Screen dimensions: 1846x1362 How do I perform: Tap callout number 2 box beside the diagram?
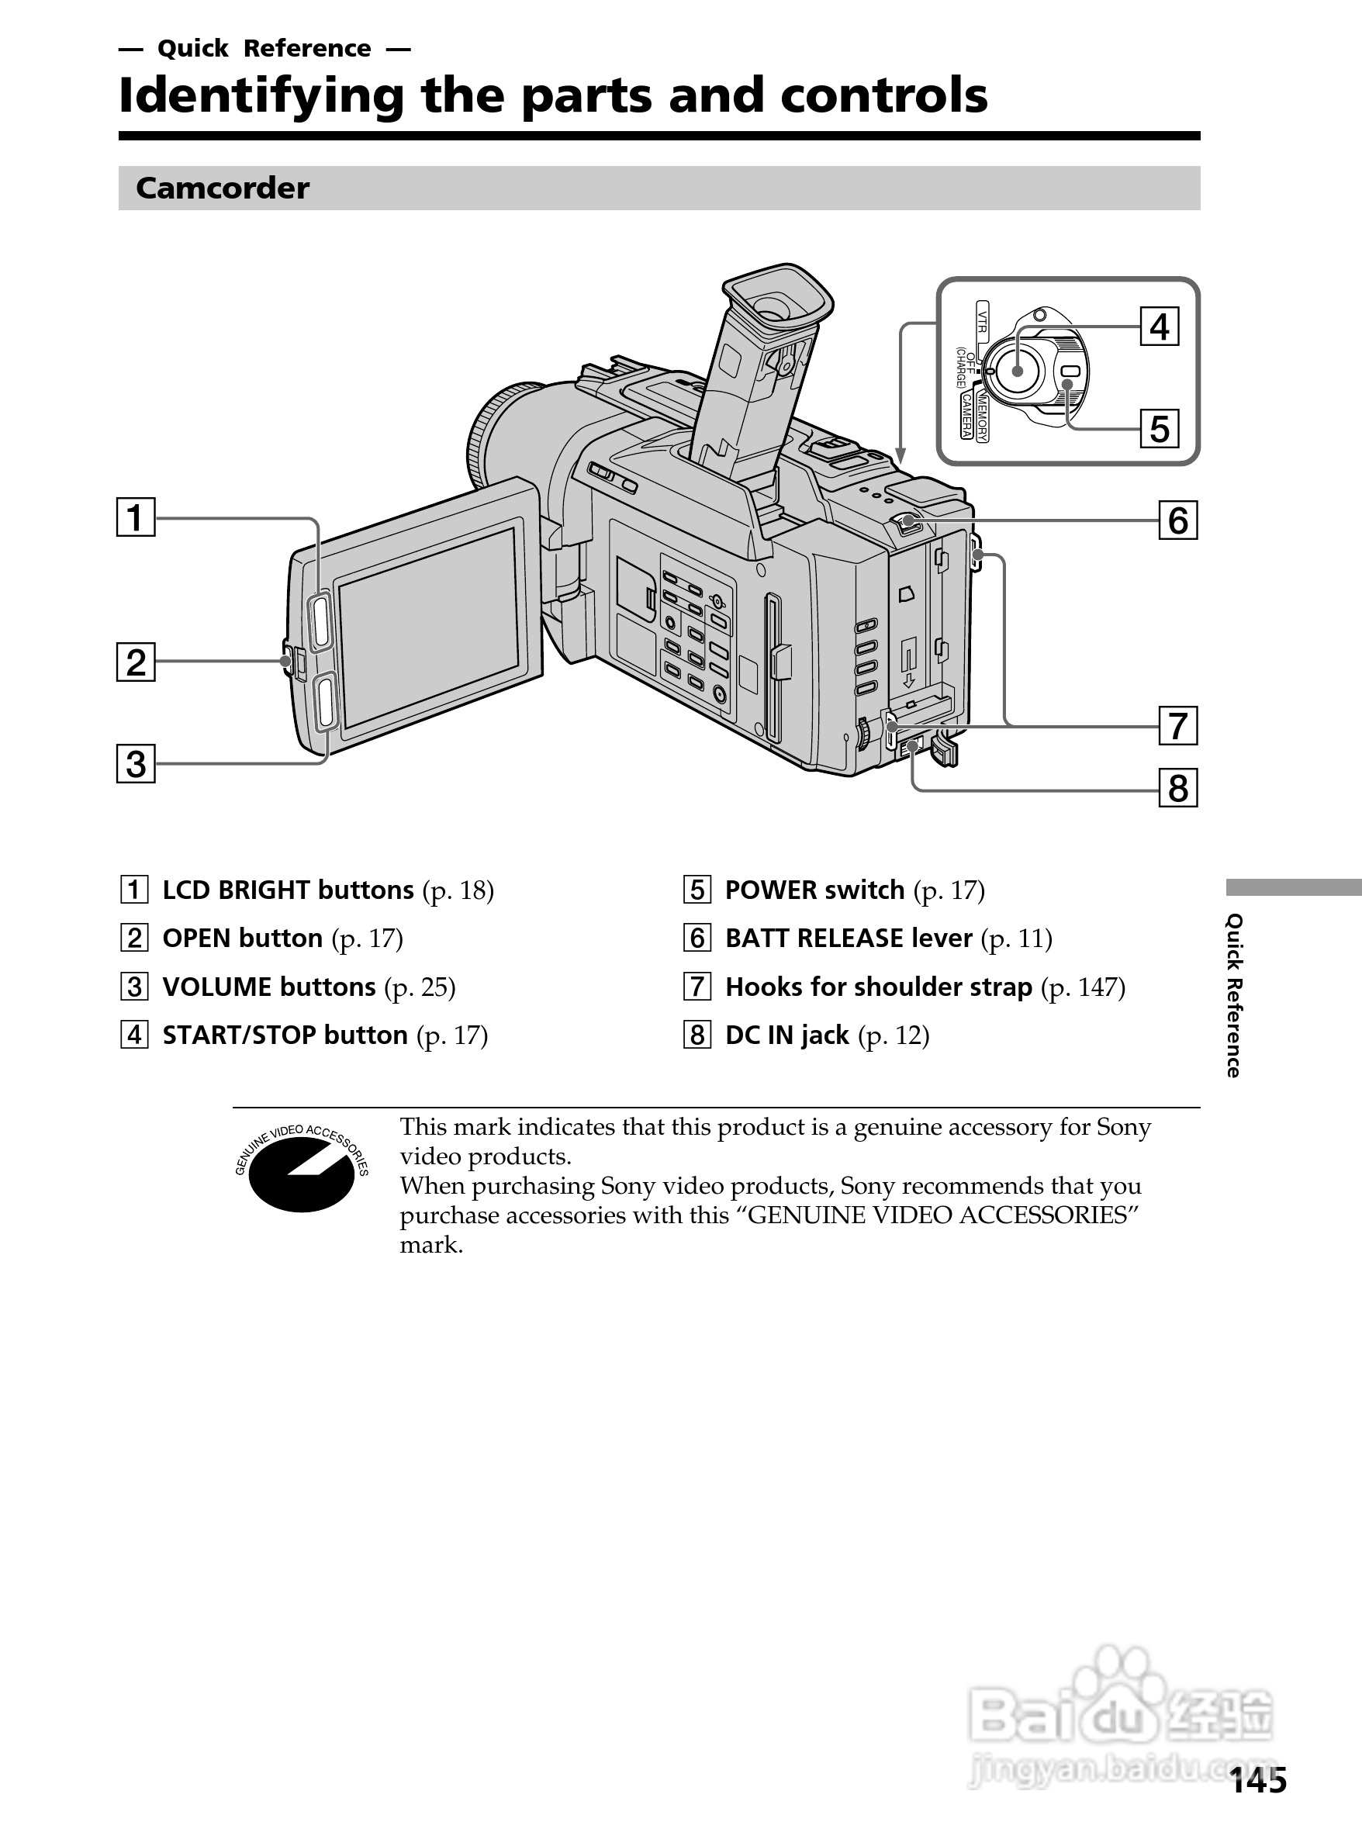point(136,662)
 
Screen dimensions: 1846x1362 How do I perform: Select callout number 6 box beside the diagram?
point(1178,520)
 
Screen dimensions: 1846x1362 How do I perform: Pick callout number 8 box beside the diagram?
point(1178,787)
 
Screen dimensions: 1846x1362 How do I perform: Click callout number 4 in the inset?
point(1160,327)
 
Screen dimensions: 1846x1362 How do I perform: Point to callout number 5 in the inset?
point(1160,429)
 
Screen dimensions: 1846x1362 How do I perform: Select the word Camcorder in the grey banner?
point(223,188)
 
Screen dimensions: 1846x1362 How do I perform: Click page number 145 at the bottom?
point(1258,1782)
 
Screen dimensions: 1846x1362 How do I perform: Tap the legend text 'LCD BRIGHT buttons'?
point(288,890)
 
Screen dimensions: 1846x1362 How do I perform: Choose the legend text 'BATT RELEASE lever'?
point(849,939)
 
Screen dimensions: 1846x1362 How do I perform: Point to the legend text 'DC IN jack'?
point(786,1035)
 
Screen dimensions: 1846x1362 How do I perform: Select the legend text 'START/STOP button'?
point(285,1035)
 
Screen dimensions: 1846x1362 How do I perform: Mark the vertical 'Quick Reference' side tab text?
point(1233,995)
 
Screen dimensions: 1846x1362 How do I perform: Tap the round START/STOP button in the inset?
point(1018,370)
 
